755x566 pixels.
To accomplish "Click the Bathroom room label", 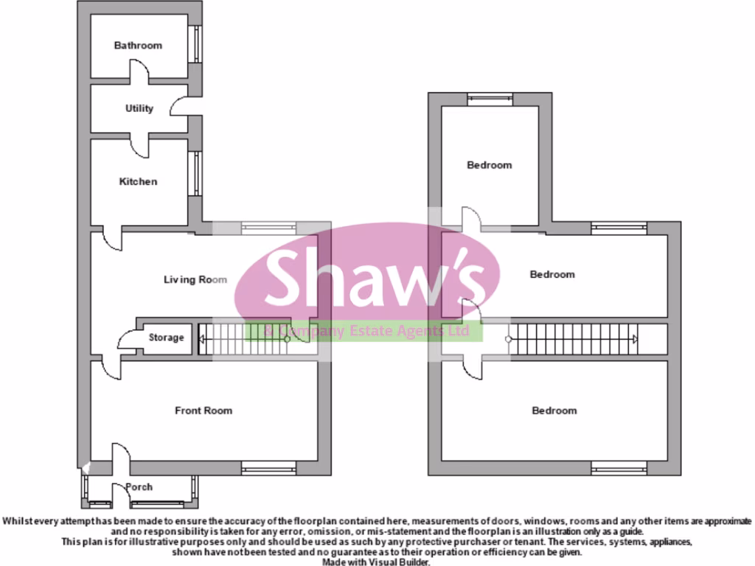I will (x=138, y=46).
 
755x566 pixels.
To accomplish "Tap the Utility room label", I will (x=139, y=108).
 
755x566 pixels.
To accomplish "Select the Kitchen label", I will (x=139, y=181).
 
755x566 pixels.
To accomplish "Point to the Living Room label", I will (x=195, y=279).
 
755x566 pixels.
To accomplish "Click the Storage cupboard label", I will (x=166, y=338).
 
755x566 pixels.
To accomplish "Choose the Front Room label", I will (x=203, y=410).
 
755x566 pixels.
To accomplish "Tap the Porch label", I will (x=139, y=487).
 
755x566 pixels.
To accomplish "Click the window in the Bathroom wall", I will (x=196, y=44).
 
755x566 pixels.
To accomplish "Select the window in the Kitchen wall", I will (x=196, y=174).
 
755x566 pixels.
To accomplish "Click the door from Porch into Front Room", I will (x=120, y=458).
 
